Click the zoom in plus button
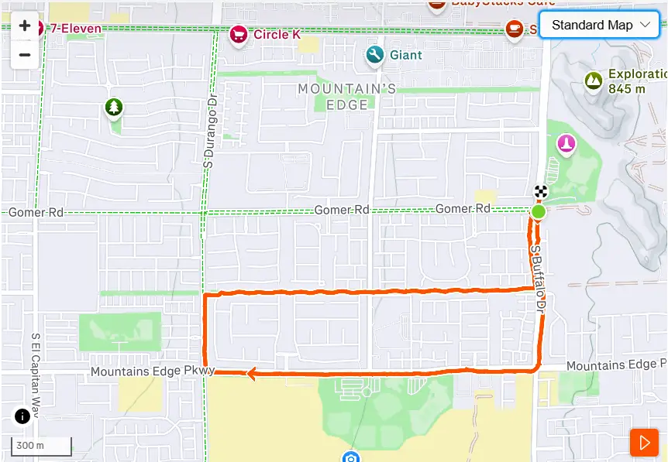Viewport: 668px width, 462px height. coord(25,26)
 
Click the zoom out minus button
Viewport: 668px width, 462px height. coord(25,55)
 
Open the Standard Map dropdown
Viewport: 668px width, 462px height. coord(599,25)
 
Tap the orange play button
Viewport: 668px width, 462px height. coord(644,442)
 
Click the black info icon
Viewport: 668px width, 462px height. coord(22,416)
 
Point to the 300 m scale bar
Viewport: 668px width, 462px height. coord(41,446)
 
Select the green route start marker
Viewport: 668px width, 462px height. coord(539,211)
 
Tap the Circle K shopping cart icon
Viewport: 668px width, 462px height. coord(238,34)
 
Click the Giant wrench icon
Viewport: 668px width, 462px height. coord(375,55)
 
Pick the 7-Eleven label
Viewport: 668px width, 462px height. coord(75,28)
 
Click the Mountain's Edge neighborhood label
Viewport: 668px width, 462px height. coord(347,97)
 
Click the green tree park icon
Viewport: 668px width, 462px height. coord(114,108)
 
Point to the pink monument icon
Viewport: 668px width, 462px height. coord(567,145)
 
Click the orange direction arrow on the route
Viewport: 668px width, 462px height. coord(251,375)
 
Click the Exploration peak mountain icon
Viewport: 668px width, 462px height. coord(594,80)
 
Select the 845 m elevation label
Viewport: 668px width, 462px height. coord(627,89)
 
